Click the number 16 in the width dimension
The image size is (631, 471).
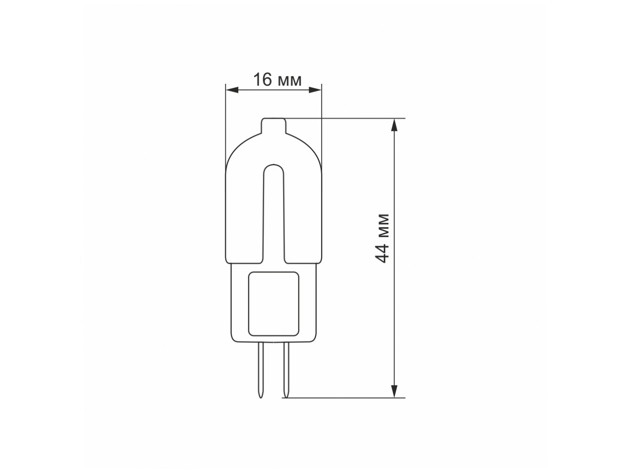click(x=262, y=80)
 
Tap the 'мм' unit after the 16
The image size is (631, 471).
click(x=290, y=81)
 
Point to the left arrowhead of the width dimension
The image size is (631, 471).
click(x=232, y=90)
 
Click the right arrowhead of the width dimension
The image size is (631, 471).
click(x=315, y=90)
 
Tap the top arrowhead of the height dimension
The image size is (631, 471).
click(x=395, y=125)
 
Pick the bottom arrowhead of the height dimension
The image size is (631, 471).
click(x=395, y=391)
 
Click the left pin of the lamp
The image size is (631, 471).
click(x=261, y=370)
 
